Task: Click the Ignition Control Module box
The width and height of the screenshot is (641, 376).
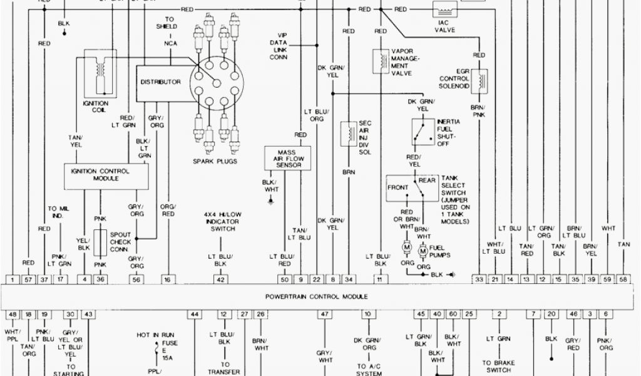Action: pyautogui.click(x=106, y=175)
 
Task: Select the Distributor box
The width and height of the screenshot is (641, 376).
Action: pyautogui.click(x=160, y=82)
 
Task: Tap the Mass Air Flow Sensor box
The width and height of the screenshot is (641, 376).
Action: pyautogui.click(x=288, y=157)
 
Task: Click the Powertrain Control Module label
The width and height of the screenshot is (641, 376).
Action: pyautogui.click(x=316, y=296)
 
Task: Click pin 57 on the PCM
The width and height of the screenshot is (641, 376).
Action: pyautogui.click(x=28, y=279)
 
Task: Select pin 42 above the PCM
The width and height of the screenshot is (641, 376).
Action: pyautogui.click(x=220, y=279)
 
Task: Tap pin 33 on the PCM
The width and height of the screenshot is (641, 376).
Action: pyautogui.click(x=479, y=279)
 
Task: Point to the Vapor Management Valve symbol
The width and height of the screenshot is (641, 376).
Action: pyautogui.click(x=379, y=61)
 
